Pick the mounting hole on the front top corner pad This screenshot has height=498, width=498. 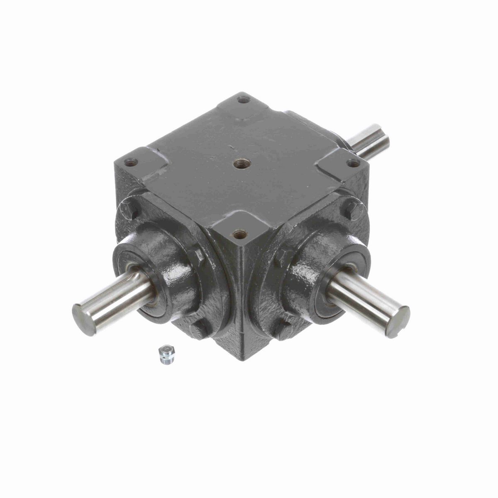point(238,235)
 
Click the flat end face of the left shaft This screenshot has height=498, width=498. point(81,311)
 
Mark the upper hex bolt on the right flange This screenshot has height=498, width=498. point(353,210)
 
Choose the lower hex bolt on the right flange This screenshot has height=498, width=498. point(285,328)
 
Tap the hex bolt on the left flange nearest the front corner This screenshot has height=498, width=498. point(198,254)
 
